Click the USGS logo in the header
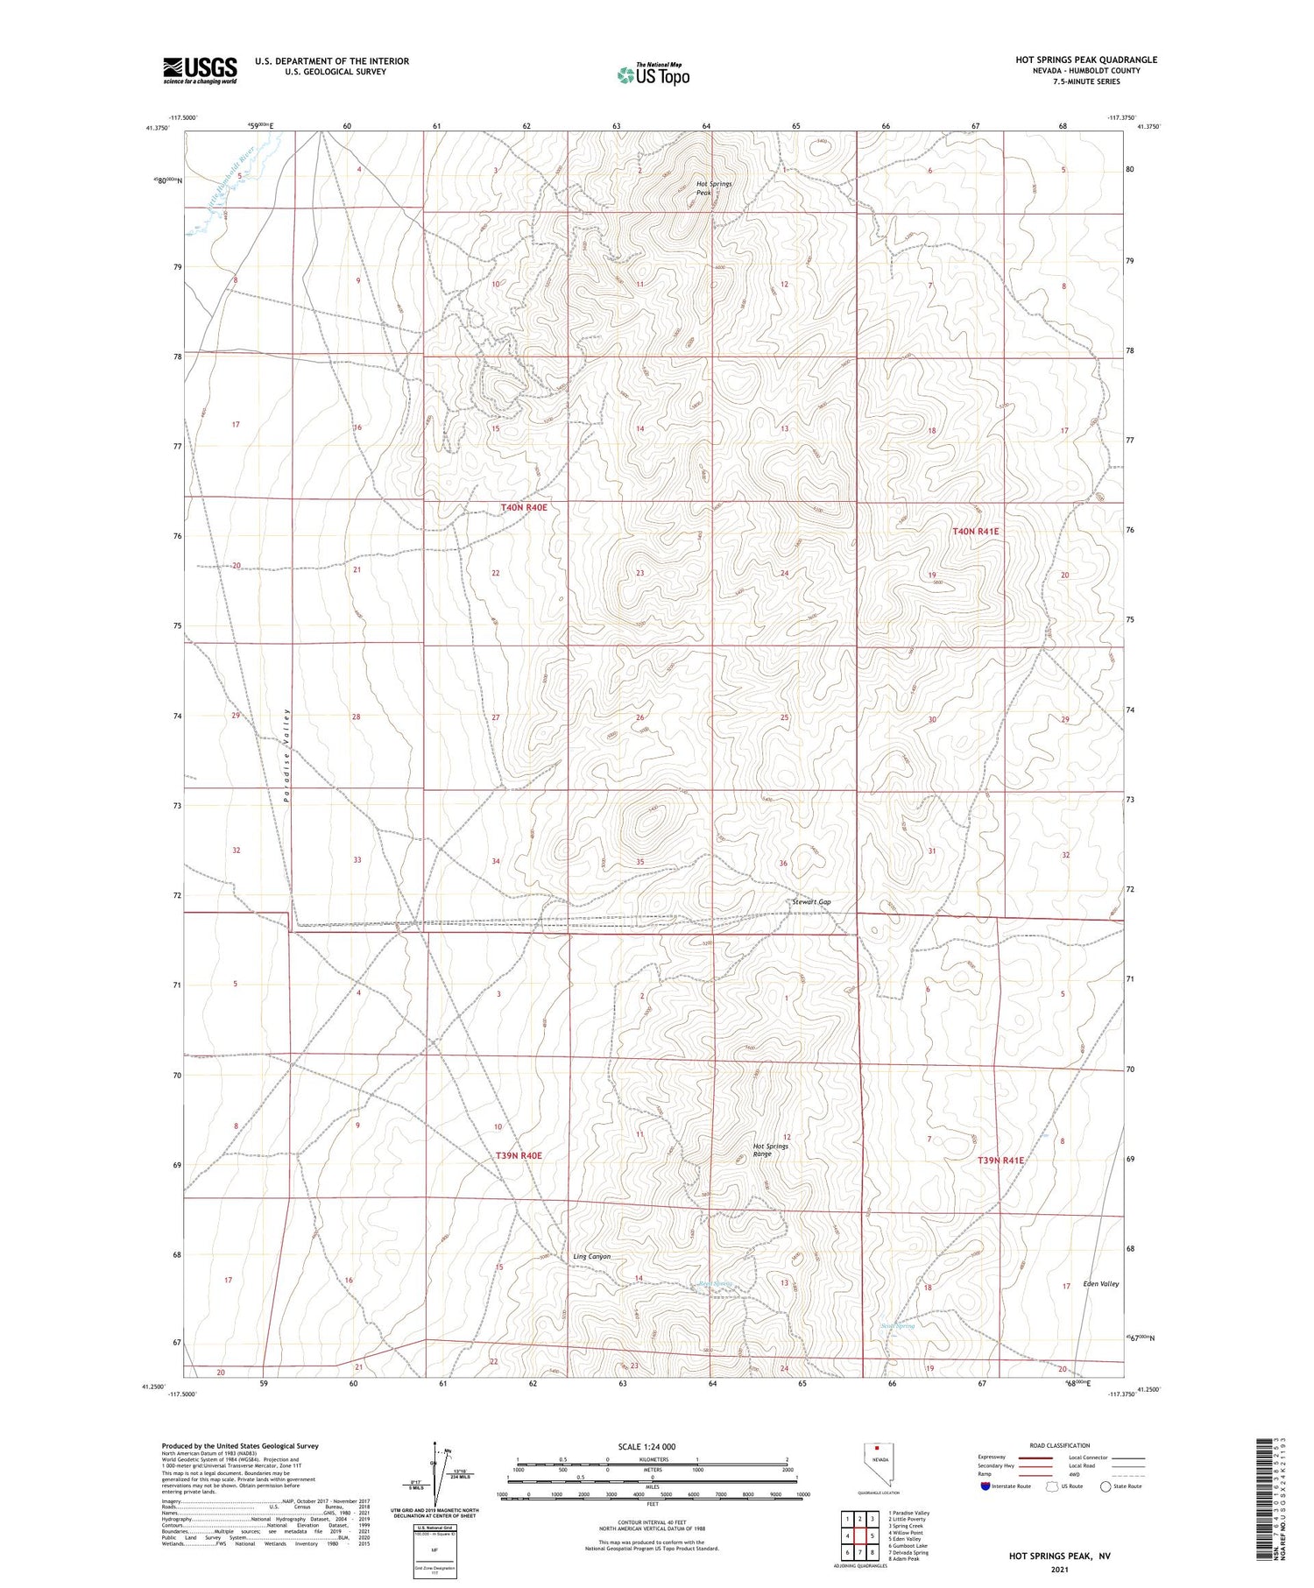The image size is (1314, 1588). pyautogui.click(x=200, y=70)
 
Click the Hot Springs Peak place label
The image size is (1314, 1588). pyautogui.click(x=713, y=187)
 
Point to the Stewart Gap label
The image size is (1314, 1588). pyautogui.click(x=810, y=901)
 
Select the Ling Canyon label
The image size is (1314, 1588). pyautogui.click(x=591, y=1256)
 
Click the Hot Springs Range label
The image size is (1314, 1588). pyautogui.click(x=771, y=1150)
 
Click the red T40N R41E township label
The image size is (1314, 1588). pyautogui.click(x=976, y=531)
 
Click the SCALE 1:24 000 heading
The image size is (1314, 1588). pyautogui.click(x=653, y=1446)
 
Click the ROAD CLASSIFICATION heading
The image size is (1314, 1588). pyautogui.click(x=1060, y=1445)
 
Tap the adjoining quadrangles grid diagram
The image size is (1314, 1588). pyautogui.click(x=860, y=1536)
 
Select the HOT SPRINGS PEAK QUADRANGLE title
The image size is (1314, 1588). pyautogui.click(x=1085, y=60)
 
